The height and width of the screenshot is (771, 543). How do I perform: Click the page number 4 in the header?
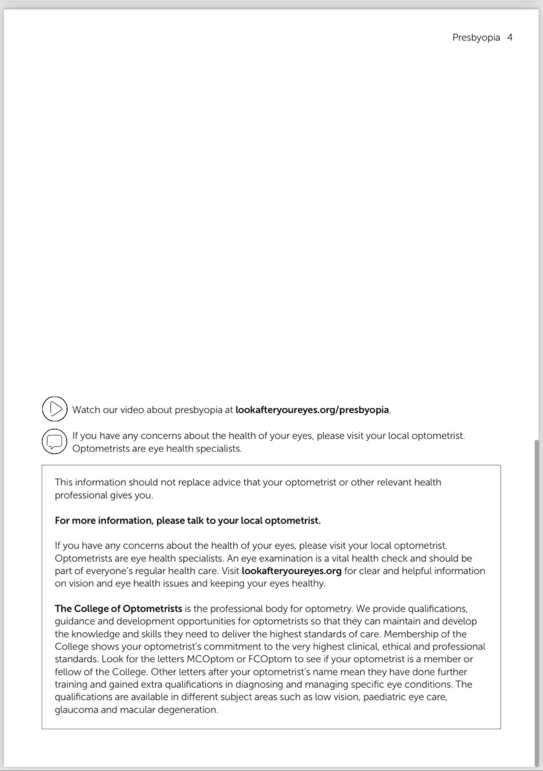(509, 38)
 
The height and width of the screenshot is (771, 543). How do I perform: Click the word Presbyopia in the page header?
(476, 38)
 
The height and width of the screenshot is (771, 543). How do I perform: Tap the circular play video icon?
(54, 409)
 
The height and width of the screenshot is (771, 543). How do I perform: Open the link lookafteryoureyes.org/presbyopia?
(312, 410)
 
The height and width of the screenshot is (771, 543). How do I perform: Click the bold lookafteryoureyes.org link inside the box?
(291, 571)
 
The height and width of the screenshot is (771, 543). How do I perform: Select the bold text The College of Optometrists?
(118, 609)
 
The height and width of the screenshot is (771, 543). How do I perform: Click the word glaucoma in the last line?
(76, 710)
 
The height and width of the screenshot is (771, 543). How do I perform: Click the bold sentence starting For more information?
(187, 520)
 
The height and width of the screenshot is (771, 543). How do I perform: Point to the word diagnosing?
(259, 685)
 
